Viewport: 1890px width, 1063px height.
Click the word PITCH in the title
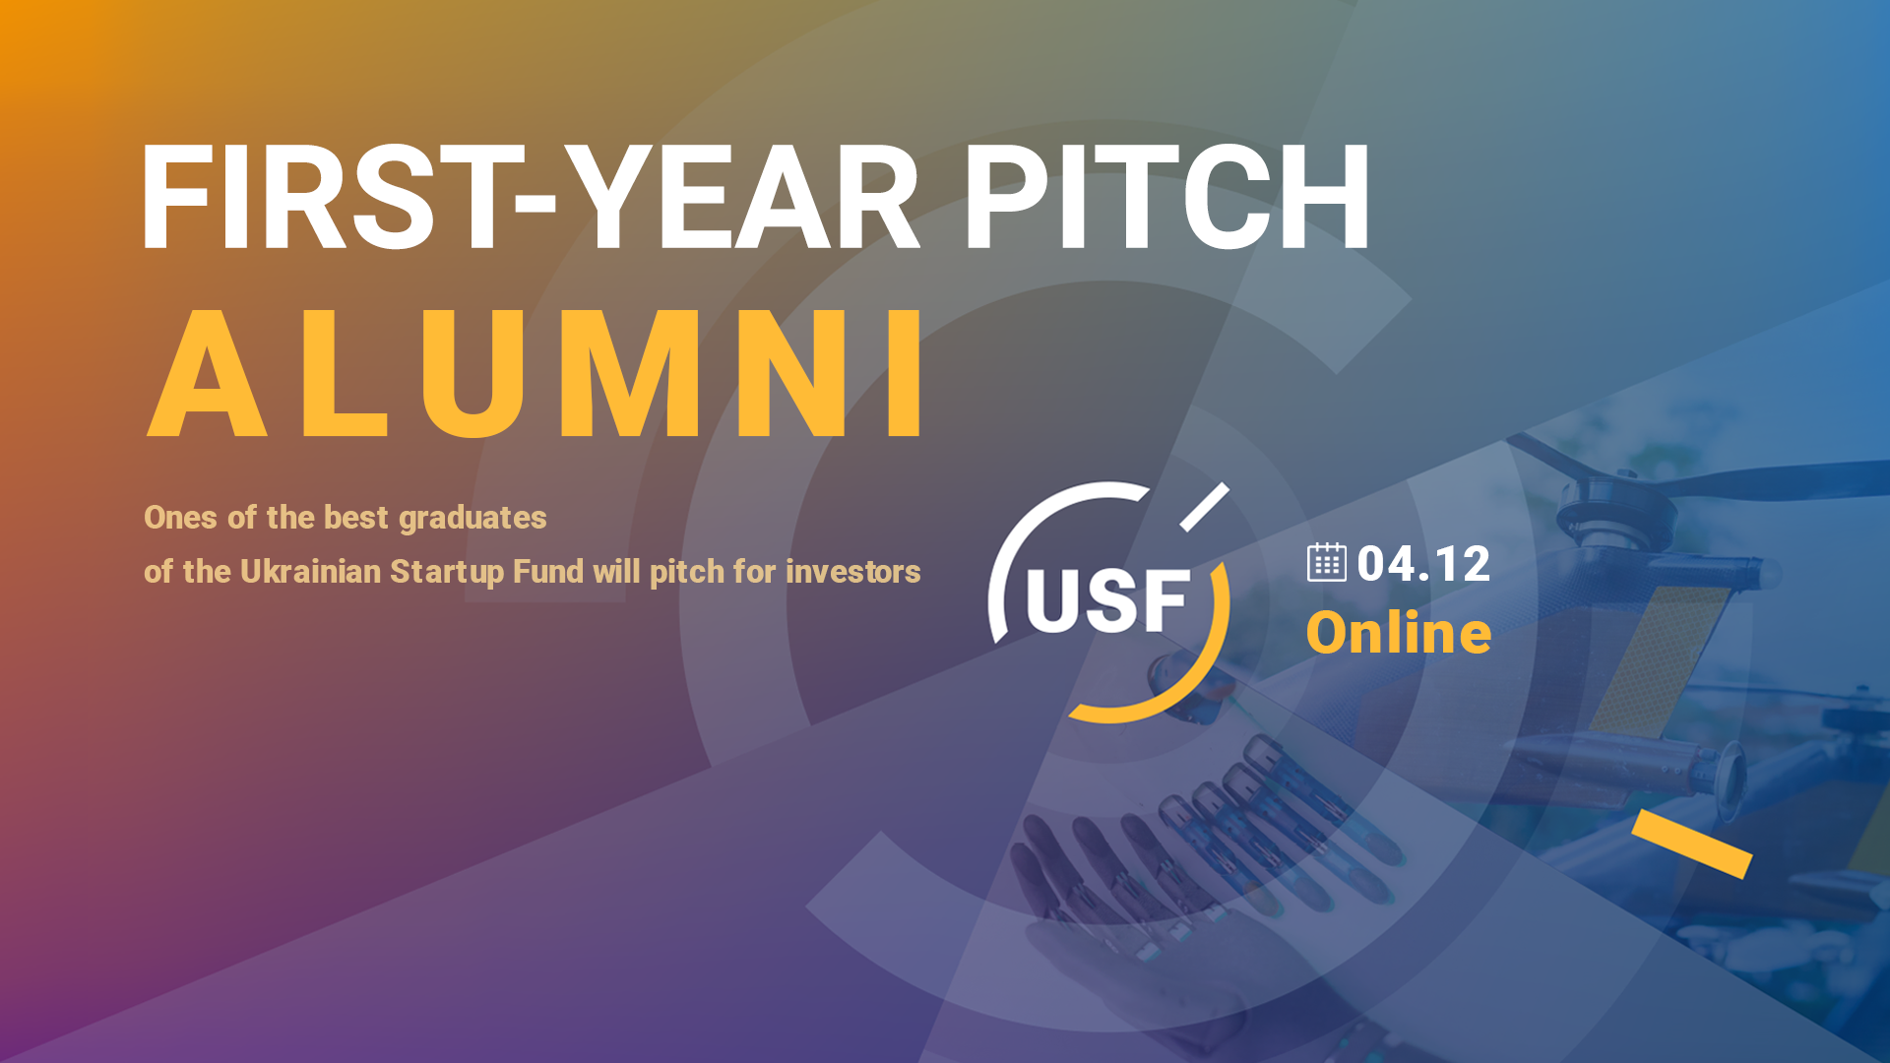tap(1166, 197)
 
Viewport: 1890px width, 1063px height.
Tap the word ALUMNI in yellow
tap(536, 373)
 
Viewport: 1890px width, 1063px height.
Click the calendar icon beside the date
tap(1326, 562)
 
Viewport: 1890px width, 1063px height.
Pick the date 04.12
tap(1423, 564)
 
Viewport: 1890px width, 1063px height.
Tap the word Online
tap(1399, 633)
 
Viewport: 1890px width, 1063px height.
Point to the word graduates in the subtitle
tap(472, 519)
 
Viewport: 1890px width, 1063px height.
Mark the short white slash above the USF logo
tap(1205, 507)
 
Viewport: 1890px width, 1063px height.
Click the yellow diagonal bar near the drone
tap(1692, 844)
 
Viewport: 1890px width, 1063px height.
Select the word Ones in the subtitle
tap(181, 518)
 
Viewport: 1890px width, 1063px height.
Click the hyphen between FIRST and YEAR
tap(535, 203)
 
